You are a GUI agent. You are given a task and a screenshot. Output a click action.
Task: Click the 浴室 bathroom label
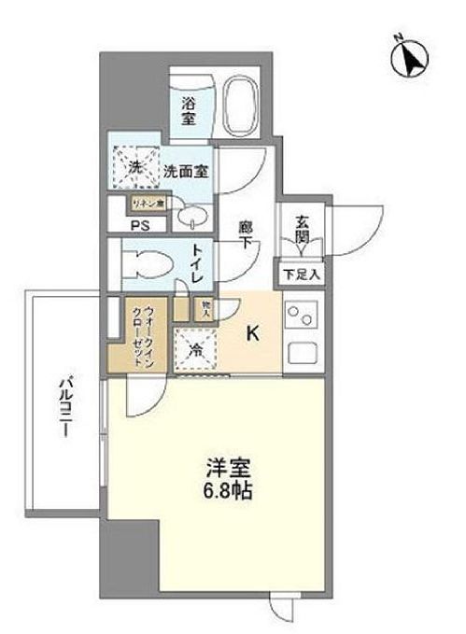(x=188, y=111)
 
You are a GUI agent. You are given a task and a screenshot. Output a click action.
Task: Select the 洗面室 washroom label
(x=186, y=171)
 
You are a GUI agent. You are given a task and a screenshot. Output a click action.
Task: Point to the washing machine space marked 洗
(x=134, y=168)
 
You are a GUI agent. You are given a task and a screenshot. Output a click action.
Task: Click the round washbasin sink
(x=192, y=217)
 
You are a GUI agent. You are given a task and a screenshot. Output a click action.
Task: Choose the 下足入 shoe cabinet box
(x=303, y=274)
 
